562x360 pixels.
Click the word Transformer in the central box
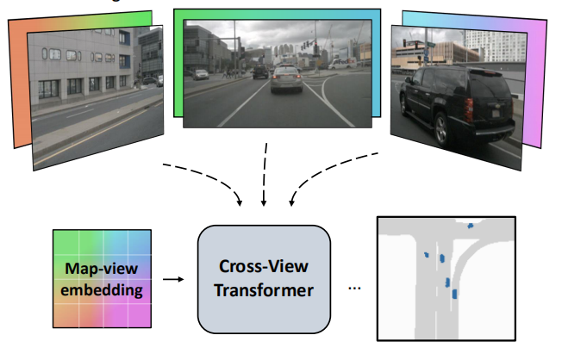263,290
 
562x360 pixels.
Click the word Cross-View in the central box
263,267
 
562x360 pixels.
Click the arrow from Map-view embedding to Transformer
172,279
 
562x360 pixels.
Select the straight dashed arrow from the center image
265,177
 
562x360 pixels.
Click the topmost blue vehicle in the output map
470,227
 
